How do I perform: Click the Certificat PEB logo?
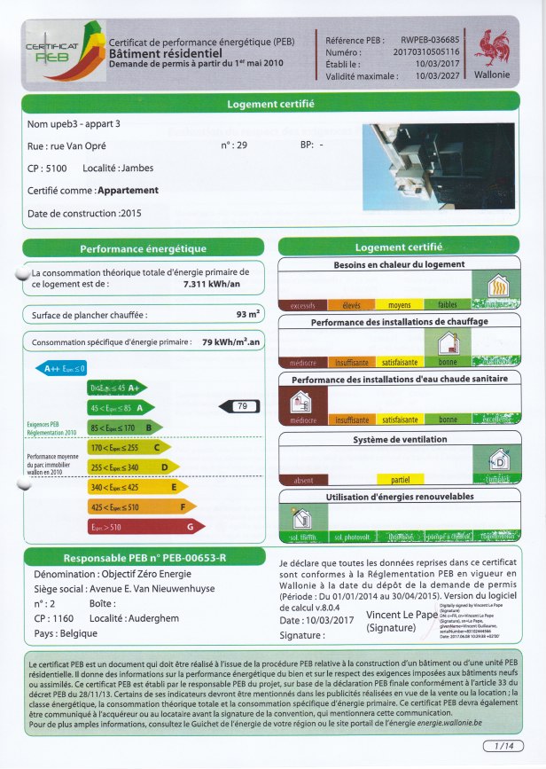coord(58,51)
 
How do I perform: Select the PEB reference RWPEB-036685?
coord(430,41)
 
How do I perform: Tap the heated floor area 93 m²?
coord(247,315)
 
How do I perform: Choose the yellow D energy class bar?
coord(133,467)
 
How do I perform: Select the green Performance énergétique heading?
coord(143,249)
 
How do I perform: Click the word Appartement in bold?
coord(128,190)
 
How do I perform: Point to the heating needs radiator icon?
coord(498,287)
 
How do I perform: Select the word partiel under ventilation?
coord(401,480)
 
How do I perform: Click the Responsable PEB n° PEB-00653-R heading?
coord(143,559)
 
